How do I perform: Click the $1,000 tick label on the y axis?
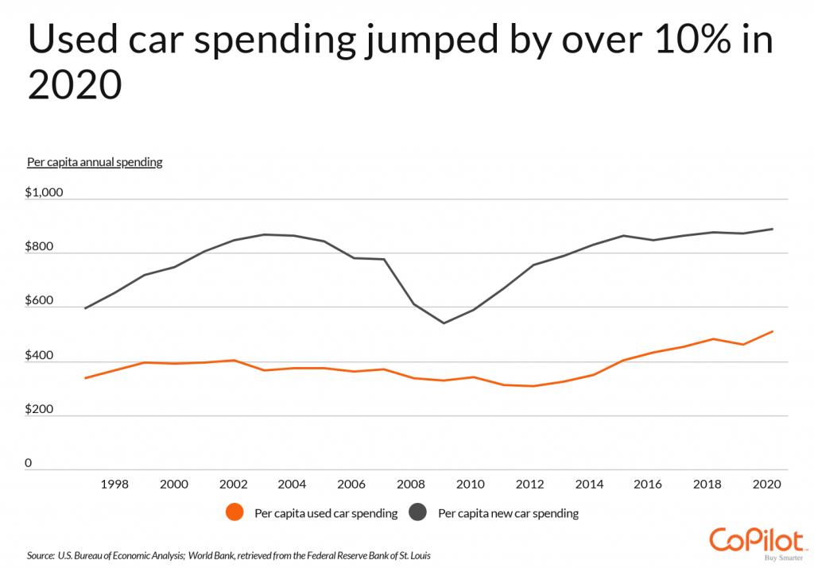point(43,193)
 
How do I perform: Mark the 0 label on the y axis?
point(29,463)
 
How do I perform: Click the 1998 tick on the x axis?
point(115,484)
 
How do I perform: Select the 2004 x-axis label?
point(292,484)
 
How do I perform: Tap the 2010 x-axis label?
point(471,484)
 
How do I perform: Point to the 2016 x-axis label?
point(649,484)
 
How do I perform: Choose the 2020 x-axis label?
point(768,484)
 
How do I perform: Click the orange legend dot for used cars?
point(235,513)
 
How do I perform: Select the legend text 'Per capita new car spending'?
point(508,513)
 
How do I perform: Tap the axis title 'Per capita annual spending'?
point(95,162)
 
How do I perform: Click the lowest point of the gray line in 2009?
point(444,323)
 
